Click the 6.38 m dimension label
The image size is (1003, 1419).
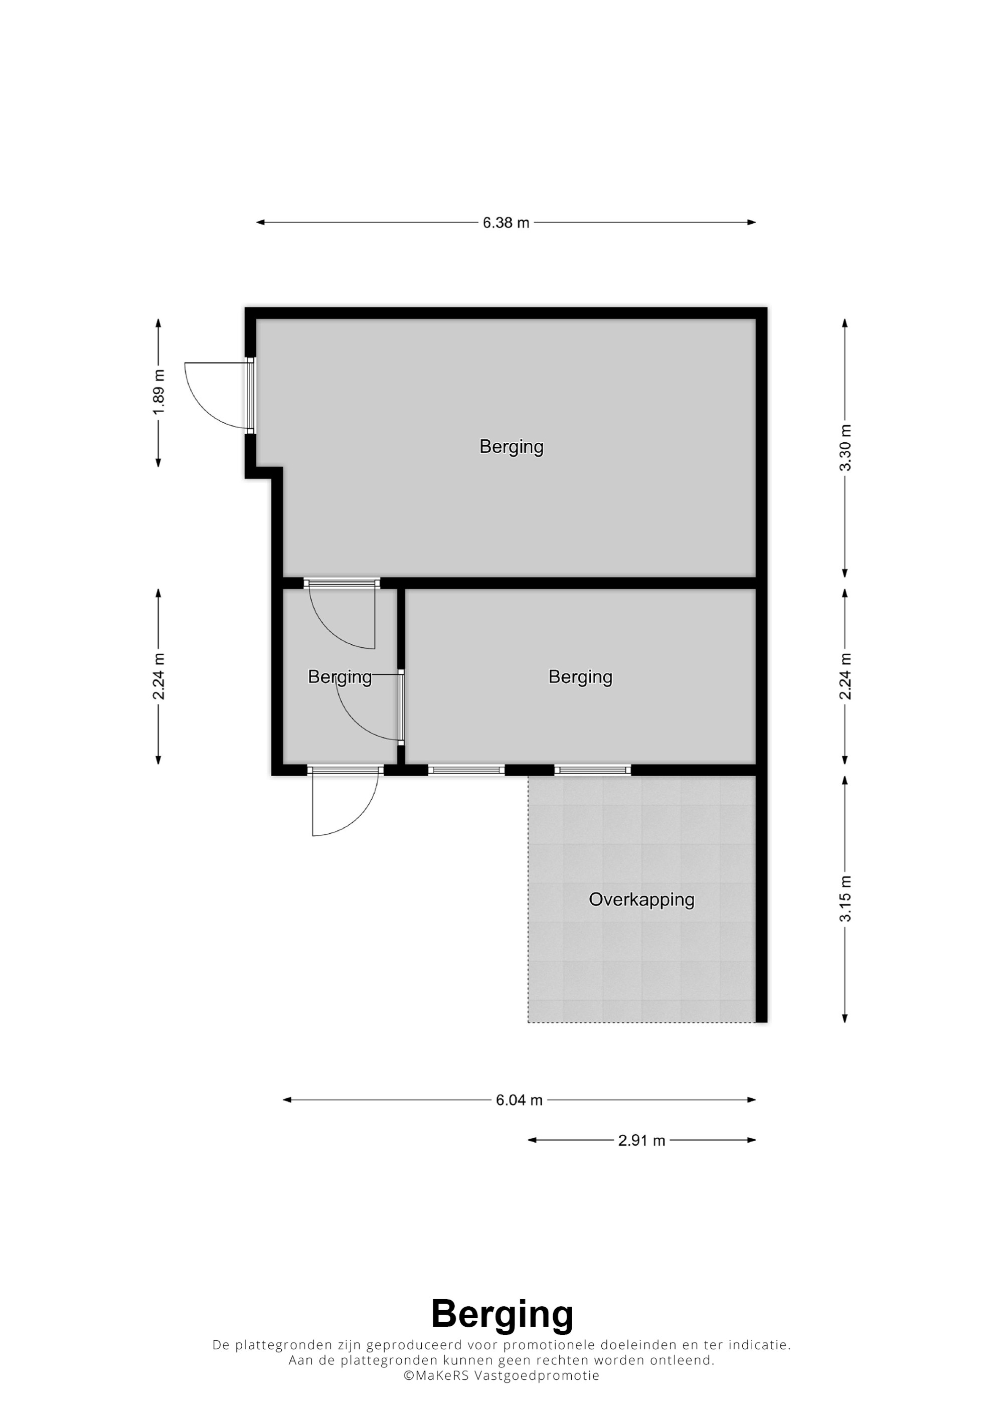pyautogui.click(x=506, y=223)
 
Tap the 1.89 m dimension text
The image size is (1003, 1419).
pyautogui.click(x=159, y=393)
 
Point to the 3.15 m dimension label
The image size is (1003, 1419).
pyautogui.click(x=845, y=899)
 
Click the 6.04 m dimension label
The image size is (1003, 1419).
pyautogui.click(x=519, y=1100)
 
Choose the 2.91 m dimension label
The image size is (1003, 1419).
pyautogui.click(x=641, y=1140)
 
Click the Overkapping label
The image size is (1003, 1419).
pyautogui.click(x=641, y=900)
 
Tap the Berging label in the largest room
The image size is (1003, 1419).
pyautogui.click(x=511, y=447)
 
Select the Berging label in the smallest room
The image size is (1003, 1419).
pyautogui.click(x=340, y=677)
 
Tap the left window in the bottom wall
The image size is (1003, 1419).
pyautogui.click(x=466, y=770)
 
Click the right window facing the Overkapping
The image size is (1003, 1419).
pyautogui.click(x=593, y=770)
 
